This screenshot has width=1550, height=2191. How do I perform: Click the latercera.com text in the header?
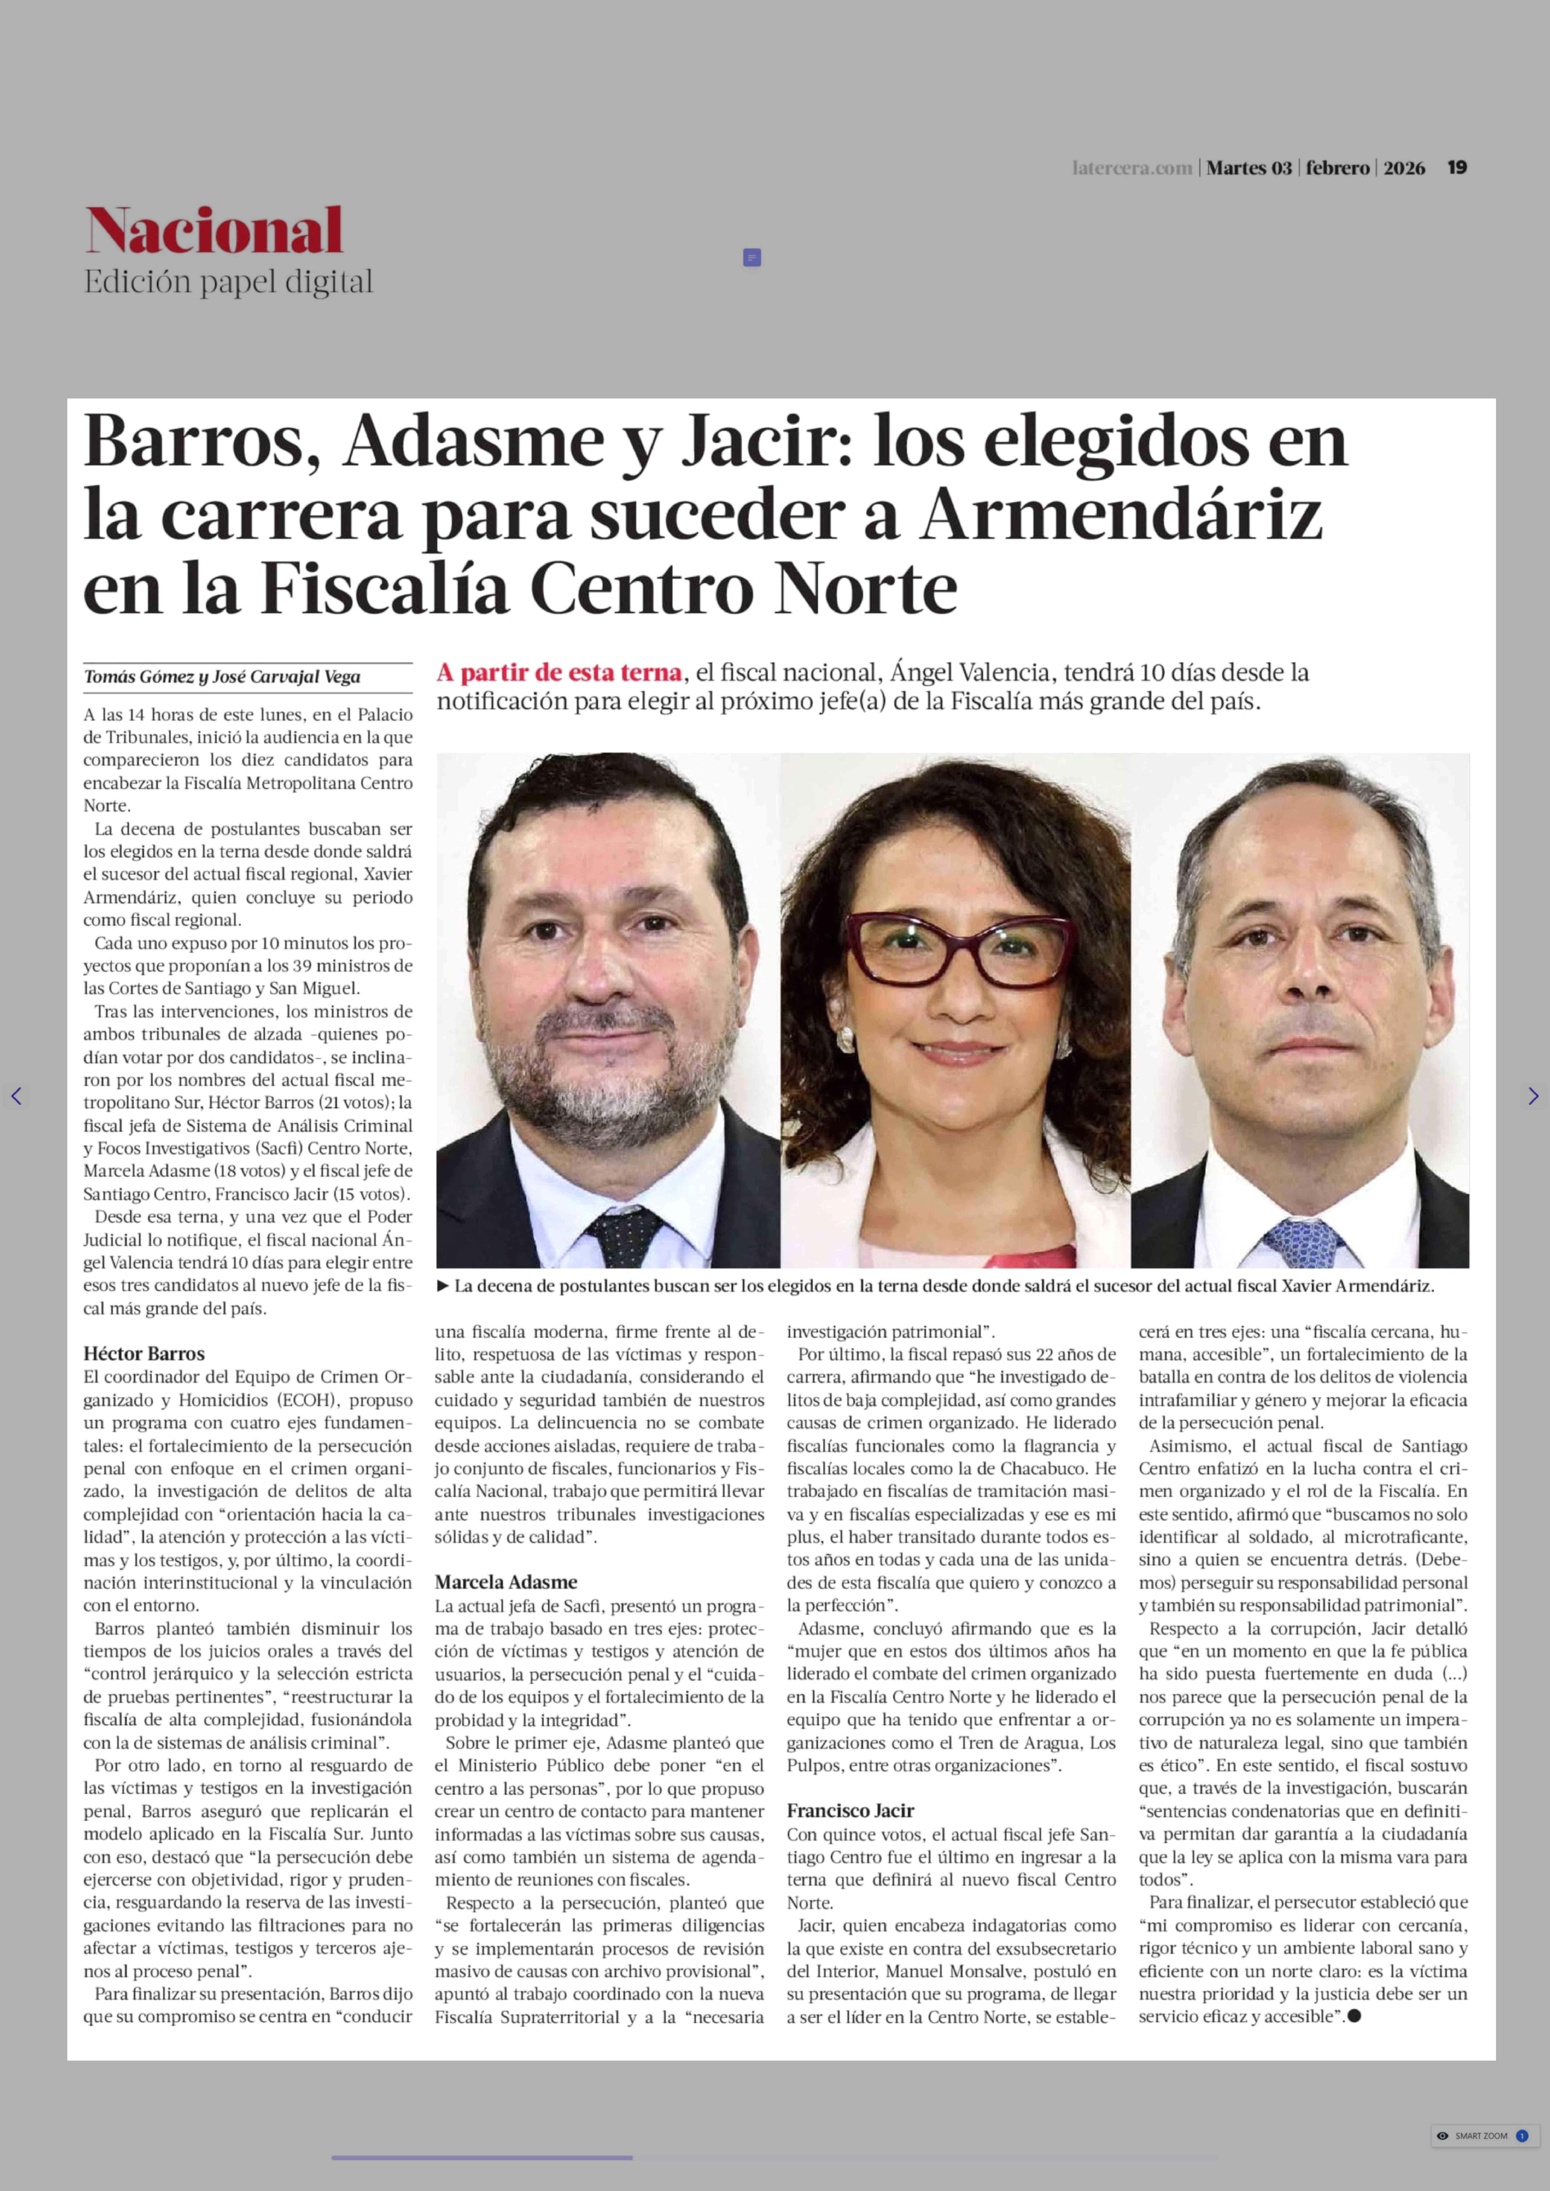1132,168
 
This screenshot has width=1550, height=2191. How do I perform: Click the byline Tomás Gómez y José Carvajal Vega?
222,677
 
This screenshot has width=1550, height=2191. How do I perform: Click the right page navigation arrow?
1533,1096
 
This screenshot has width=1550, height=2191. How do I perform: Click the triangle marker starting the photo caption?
443,1285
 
